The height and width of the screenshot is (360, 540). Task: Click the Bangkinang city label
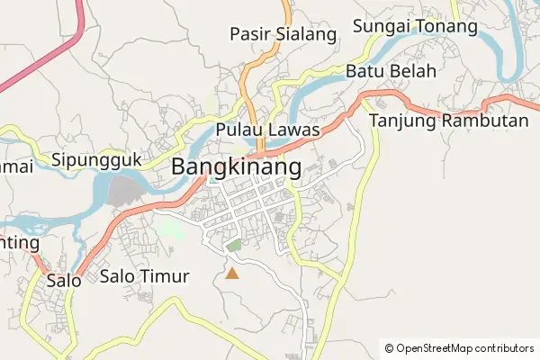coord(236,166)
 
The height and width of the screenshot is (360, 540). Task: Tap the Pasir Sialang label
coord(283,35)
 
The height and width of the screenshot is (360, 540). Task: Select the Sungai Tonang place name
coord(414,27)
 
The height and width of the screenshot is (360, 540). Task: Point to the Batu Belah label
coord(391,71)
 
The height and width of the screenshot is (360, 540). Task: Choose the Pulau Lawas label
coord(268,130)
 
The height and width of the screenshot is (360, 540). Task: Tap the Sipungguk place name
coord(97,160)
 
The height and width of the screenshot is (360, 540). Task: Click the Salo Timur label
coord(145,276)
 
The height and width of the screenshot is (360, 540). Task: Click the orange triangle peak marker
coord(232,273)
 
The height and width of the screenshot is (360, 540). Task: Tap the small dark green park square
coord(234,245)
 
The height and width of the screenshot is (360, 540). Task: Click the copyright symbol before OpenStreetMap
coord(389,348)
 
